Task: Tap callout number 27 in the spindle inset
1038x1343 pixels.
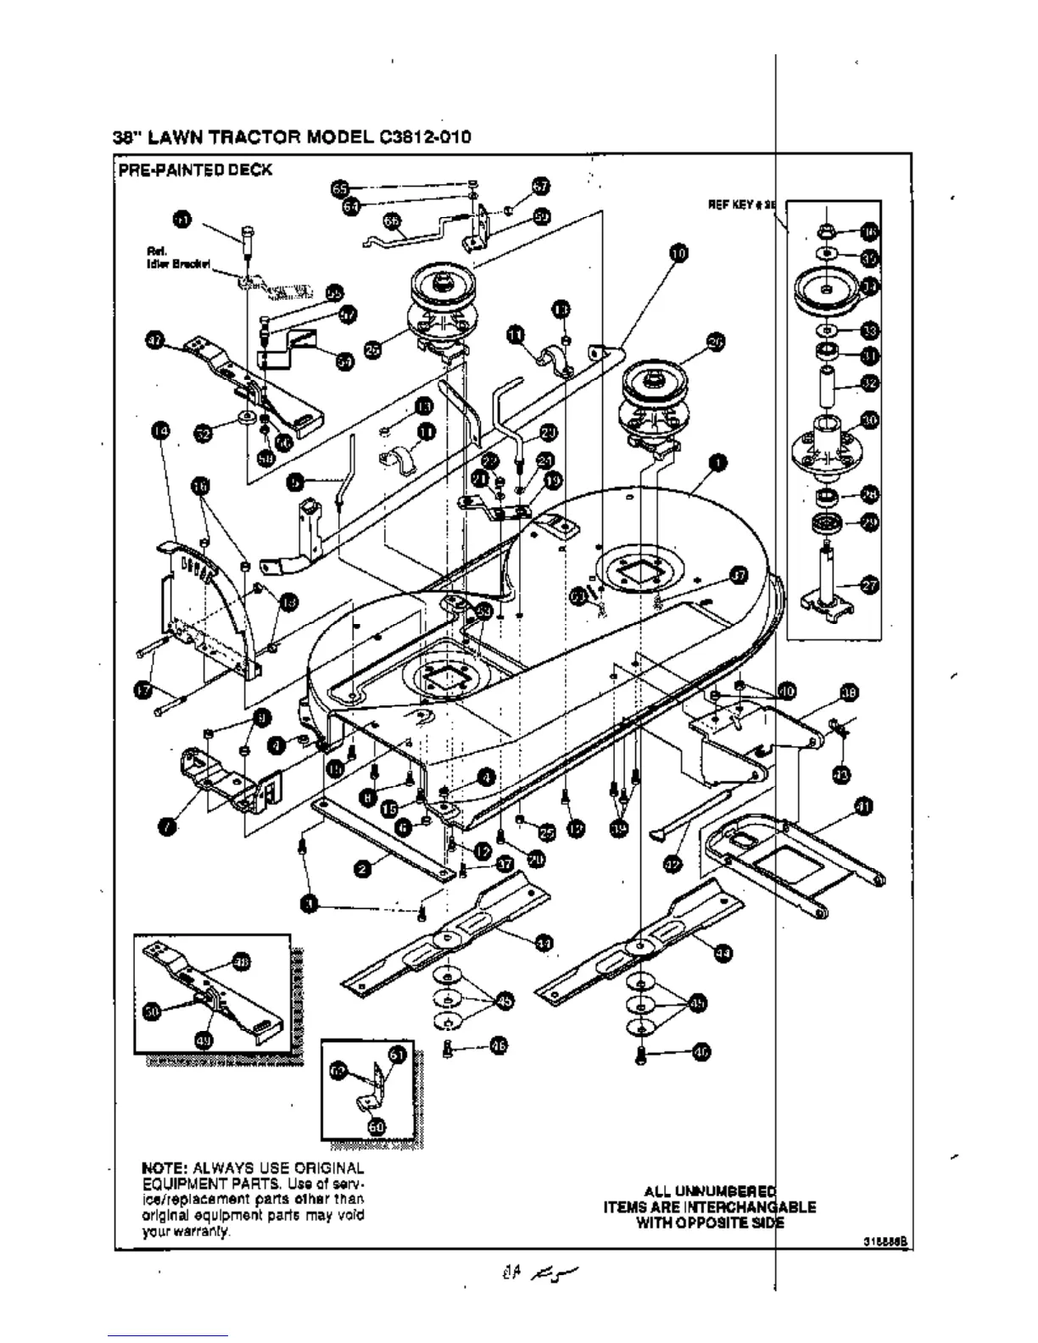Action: click(869, 584)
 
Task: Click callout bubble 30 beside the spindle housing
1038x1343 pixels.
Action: click(870, 420)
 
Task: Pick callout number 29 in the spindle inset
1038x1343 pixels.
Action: click(869, 522)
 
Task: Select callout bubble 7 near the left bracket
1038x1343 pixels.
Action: click(170, 826)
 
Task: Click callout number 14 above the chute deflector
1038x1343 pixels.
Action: click(159, 432)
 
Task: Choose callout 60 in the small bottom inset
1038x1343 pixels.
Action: click(377, 1125)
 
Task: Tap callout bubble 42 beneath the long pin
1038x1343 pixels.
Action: click(672, 862)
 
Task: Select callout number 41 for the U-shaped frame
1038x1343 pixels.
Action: click(863, 806)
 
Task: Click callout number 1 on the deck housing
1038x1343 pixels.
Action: click(718, 463)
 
